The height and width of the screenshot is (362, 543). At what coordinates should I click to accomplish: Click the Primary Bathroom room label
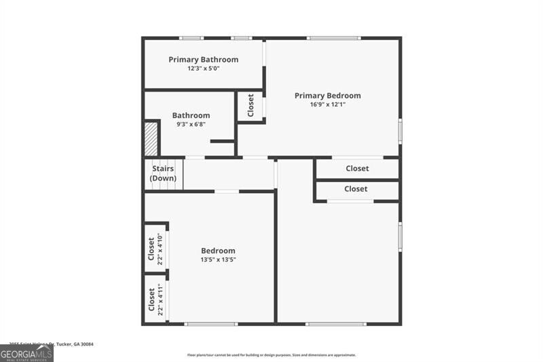coord(204,60)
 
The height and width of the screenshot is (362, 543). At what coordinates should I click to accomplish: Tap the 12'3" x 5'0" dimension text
coord(204,69)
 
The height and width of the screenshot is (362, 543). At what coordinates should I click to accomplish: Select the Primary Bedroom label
coord(328,96)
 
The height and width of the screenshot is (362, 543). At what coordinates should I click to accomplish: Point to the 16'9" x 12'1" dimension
coord(328,105)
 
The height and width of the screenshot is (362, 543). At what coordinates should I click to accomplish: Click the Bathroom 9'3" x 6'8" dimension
coord(191,124)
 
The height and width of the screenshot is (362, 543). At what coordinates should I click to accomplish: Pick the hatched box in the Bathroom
coord(151,139)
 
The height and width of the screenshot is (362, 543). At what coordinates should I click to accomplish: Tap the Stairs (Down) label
coord(163,173)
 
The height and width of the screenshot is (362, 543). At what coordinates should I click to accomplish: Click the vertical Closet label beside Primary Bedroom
coord(250,105)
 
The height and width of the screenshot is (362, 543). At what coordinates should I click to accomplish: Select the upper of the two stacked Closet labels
coord(357,168)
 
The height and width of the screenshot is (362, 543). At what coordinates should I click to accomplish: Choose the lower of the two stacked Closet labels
coord(356,189)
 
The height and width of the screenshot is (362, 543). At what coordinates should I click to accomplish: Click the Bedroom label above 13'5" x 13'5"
coord(218,251)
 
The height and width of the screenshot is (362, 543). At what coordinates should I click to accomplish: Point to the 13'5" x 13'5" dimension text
coord(218,259)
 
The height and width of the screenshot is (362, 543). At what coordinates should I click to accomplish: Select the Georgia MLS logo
coord(26,353)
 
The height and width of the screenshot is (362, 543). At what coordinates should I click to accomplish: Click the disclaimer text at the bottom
coord(271,355)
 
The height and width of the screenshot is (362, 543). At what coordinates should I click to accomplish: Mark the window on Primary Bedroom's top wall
coord(333,38)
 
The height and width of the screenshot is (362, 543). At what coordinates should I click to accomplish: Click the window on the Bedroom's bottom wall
coord(211,324)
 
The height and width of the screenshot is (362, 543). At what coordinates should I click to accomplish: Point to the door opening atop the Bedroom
coord(227,192)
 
